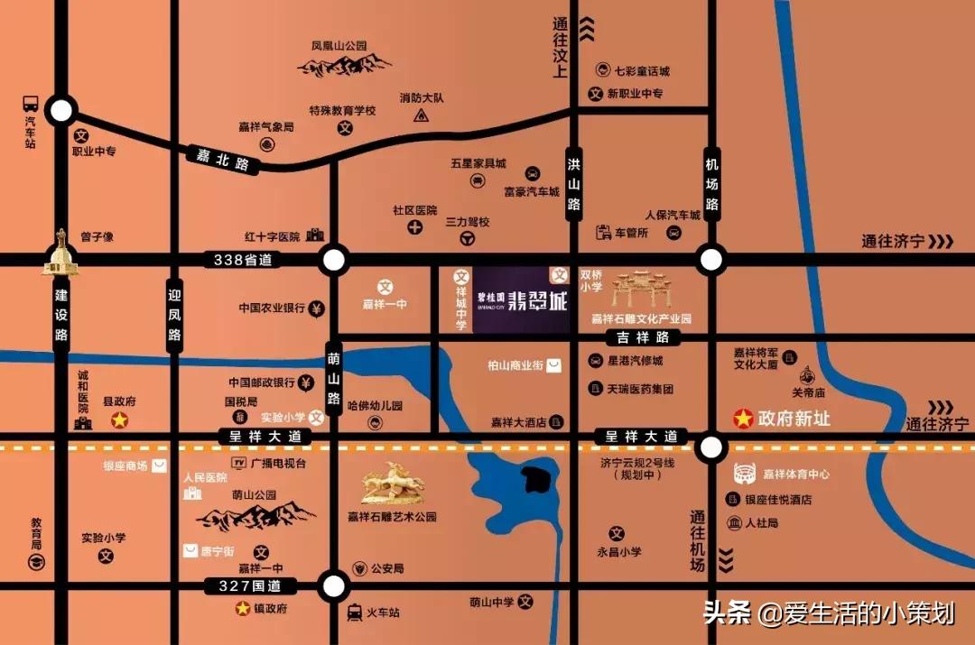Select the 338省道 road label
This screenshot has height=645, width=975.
click(x=242, y=260)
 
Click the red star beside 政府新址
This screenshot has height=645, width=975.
click(x=742, y=419)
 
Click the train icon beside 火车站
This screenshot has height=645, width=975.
click(x=355, y=613)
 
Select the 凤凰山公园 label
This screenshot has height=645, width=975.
click(x=339, y=45)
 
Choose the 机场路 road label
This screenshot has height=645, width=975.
click(x=711, y=184)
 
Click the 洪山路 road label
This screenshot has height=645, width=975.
click(x=573, y=184)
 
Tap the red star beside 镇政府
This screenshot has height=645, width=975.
click(x=242, y=609)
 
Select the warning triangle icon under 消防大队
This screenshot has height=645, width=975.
click(x=421, y=115)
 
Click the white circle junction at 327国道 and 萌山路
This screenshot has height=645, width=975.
click(x=334, y=585)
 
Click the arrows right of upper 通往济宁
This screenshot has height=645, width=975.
click(x=941, y=241)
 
